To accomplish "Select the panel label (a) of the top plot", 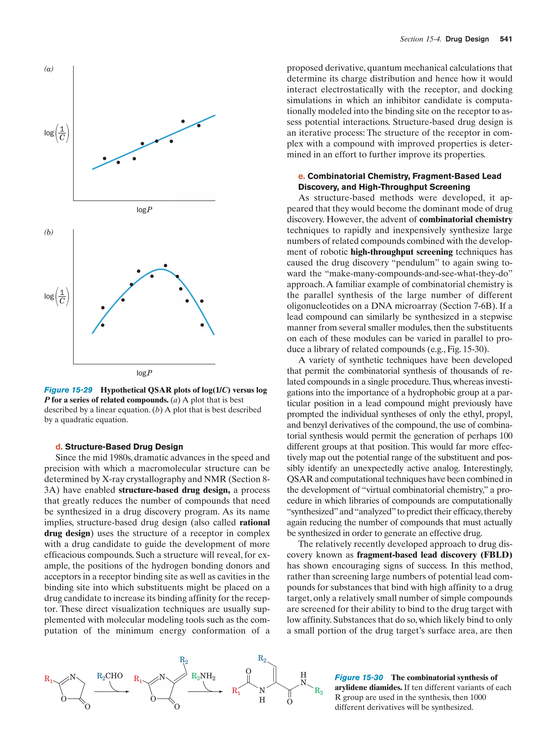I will [x=49, y=69].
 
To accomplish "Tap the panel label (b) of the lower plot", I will [x=49, y=232].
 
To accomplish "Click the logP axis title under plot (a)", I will [x=144, y=210].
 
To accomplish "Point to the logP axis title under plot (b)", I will [x=144, y=373].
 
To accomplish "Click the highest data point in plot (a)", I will [x=183, y=121].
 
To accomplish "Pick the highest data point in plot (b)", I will [x=165, y=266].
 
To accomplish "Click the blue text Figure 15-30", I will [x=358, y=677].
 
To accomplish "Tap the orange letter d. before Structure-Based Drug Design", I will [x=59, y=447].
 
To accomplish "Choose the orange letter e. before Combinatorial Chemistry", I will [x=302, y=176].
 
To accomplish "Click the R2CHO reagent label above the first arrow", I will [x=110, y=676].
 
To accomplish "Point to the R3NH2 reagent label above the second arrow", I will [x=203, y=676].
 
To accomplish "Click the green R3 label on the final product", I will [x=318, y=691].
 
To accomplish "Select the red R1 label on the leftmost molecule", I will [x=48, y=679].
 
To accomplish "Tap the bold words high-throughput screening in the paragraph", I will [x=401, y=252].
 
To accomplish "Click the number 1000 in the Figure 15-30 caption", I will [x=478, y=698].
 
